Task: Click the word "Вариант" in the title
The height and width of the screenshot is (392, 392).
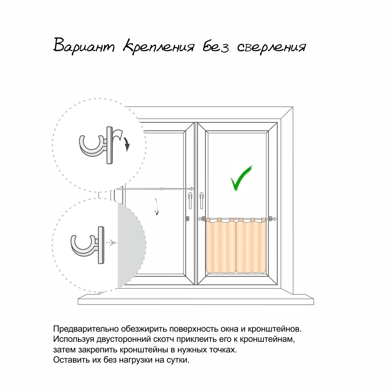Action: coord(84,46)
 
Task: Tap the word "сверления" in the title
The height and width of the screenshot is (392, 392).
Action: coord(272,47)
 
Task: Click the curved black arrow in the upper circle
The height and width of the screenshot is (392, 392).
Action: coord(122,139)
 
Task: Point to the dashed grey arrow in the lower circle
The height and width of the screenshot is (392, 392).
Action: coord(111,243)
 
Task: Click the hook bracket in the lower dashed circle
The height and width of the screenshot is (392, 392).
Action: coord(87,245)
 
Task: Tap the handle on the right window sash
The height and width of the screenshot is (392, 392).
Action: coord(201,200)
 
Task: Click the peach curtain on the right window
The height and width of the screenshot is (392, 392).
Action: coord(236,246)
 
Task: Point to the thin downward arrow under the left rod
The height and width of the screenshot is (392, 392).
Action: coord(157,207)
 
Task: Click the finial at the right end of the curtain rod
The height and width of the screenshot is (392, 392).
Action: coord(271,219)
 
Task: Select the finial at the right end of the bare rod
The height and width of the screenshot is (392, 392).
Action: coord(192,189)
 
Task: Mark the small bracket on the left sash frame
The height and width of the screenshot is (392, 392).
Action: coord(188,218)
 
